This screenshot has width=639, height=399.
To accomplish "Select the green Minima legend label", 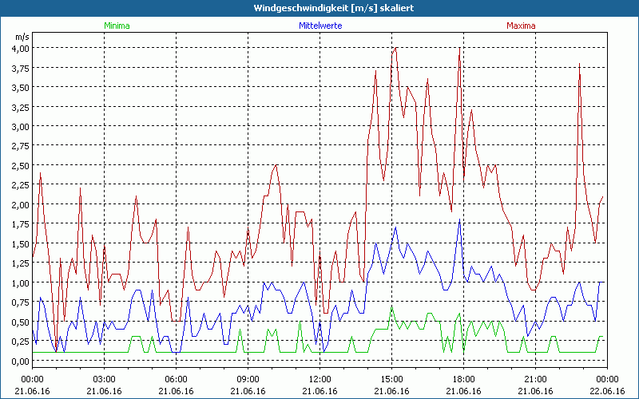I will (117, 26).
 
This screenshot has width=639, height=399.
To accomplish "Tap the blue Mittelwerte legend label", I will (319, 26).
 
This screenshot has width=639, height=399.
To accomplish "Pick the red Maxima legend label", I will (521, 26).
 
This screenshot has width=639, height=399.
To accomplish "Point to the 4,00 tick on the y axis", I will (20, 48).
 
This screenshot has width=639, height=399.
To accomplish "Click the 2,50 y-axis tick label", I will (20, 165).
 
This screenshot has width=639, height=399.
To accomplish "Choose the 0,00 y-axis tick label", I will (20, 361).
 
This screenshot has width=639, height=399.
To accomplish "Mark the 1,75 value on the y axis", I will (20, 224).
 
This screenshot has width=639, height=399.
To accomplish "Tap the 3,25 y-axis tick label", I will (20, 107).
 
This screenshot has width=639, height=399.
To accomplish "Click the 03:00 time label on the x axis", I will (104, 379).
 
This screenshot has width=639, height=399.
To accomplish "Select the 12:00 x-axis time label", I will (319, 379).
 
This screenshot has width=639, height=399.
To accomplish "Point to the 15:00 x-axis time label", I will (391, 379).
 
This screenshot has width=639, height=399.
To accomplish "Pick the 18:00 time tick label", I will (463, 379).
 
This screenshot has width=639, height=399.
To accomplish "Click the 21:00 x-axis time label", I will (535, 379).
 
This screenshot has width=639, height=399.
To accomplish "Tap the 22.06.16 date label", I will (607, 390).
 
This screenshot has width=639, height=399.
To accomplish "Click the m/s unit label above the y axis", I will (22, 36).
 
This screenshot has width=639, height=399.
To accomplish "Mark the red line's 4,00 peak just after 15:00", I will (395, 48).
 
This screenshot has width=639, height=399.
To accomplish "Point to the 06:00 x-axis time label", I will (176, 379).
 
